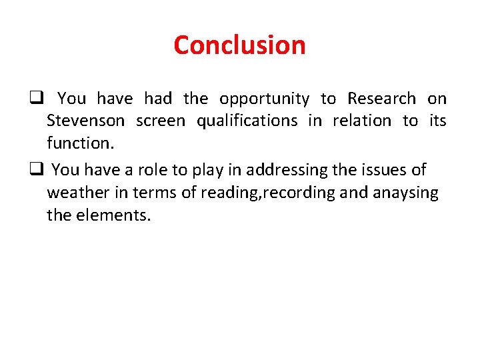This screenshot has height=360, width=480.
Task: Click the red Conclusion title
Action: pyautogui.click(x=239, y=45)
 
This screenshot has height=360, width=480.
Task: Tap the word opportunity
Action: pyautogui.click(x=264, y=99)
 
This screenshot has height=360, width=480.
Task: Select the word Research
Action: pyautogui.click(x=381, y=99)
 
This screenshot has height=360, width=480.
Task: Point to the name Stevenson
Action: pyautogui.click(x=85, y=121)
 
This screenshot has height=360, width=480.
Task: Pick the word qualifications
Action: pyautogui.click(x=247, y=121)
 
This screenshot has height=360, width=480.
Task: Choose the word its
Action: pyautogui.click(x=437, y=121)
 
